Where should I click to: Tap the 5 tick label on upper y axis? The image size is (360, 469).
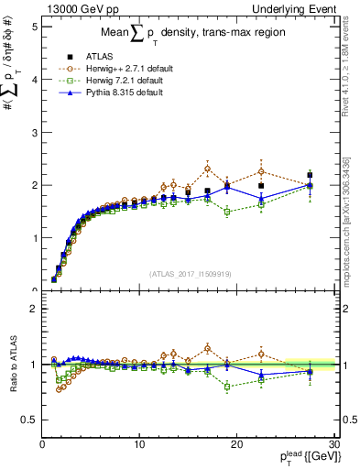[33, 27]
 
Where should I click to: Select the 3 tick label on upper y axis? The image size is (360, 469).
[33, 132]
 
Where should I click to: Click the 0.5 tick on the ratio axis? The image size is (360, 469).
[29, 420]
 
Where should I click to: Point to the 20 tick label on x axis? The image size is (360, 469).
[236, 444]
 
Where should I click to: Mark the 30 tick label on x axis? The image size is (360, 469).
[333, 444]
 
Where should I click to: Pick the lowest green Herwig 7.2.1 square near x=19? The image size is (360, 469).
[227, 212]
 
